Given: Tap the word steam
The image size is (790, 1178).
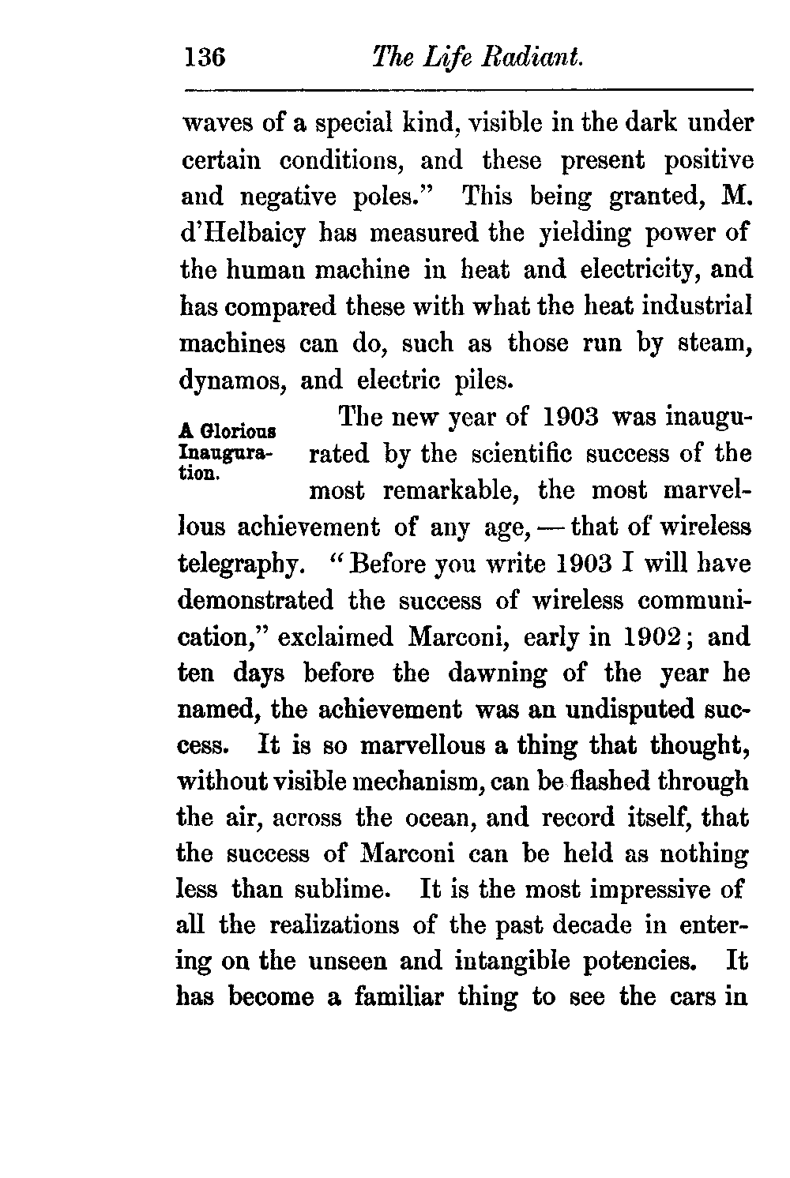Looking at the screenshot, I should pyautogui.click(x=713, y=343).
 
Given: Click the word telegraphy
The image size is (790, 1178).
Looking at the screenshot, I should pyautogui.click(x=239, y=565).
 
